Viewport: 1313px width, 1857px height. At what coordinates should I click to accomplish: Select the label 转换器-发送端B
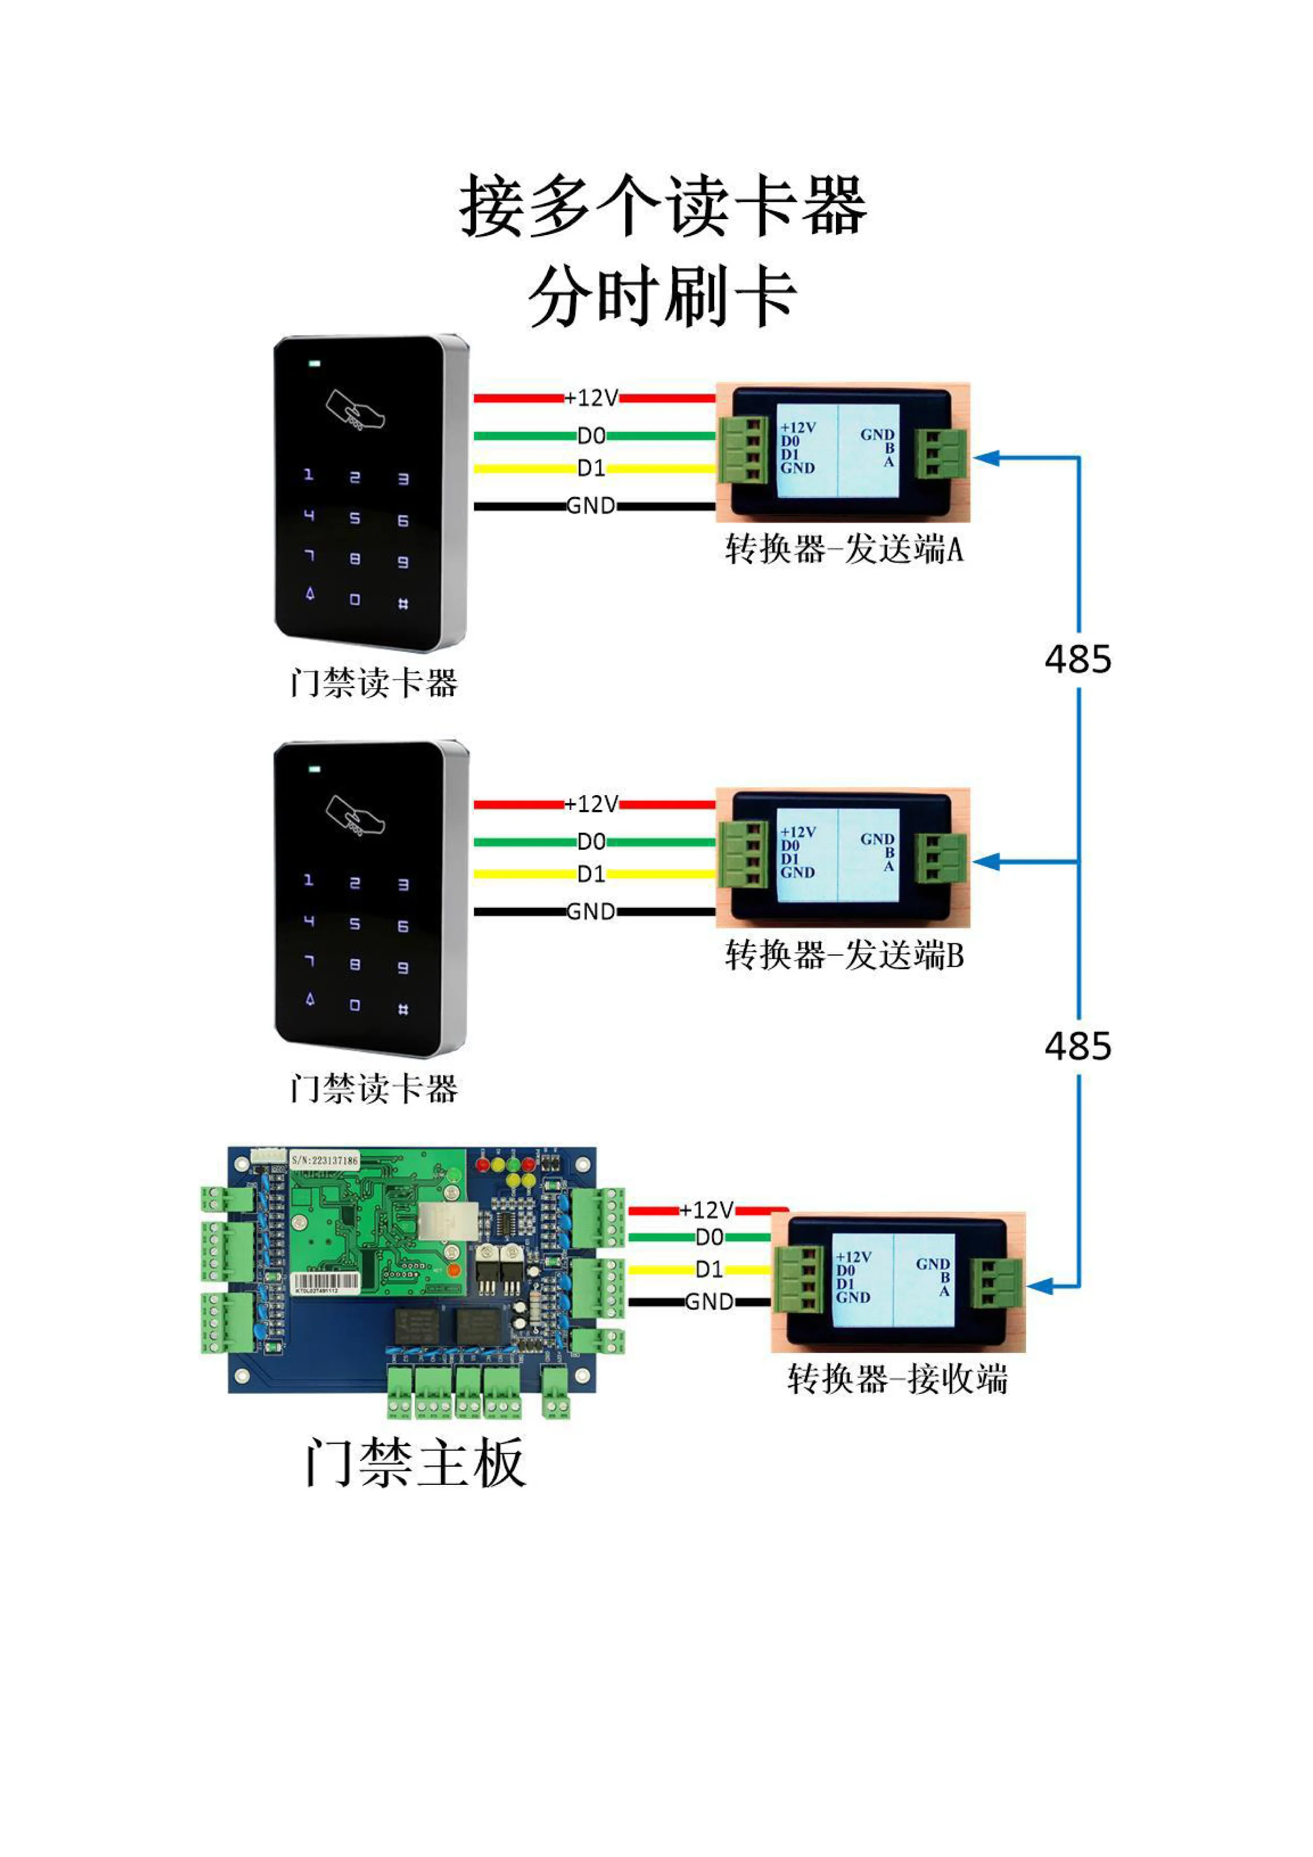[844, 955]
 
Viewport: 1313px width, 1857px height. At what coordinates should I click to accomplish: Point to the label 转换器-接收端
[898, 1378]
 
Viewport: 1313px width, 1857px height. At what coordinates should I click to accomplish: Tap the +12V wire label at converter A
[591, 398]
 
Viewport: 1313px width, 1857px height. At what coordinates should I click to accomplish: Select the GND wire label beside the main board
[709, 1301]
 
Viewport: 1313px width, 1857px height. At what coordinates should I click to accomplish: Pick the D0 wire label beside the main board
[709, 1237]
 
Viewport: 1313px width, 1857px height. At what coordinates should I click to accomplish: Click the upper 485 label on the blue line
[1077, 659]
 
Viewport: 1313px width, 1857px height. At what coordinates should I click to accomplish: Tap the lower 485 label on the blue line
[1077, 1047]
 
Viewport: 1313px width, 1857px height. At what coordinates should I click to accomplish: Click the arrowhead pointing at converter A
[986, 458]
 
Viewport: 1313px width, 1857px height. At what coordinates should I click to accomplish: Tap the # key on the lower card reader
[403, 1009]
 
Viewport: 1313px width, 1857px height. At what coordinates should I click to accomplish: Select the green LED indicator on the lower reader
[314, 769]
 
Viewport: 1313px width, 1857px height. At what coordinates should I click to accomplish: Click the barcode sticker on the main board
[325, 1283]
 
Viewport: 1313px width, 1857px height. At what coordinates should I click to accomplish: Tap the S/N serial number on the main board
[325, 1160]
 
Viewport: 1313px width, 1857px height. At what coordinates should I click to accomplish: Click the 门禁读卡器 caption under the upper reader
[374, 683]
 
